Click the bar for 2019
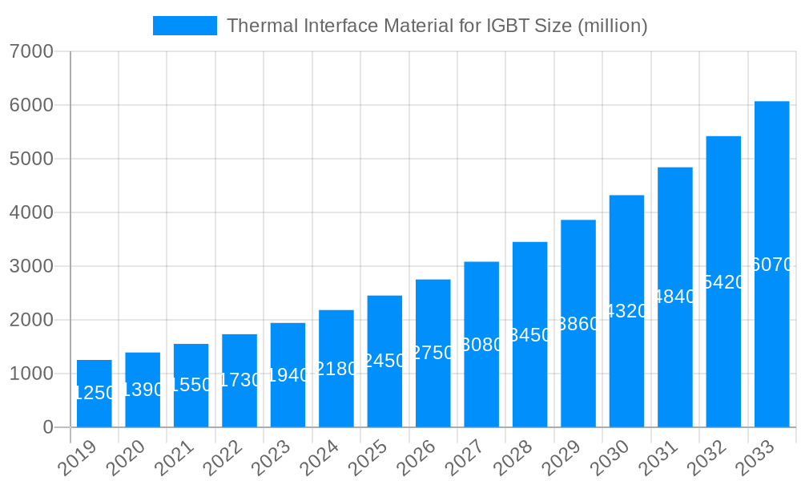tap(95, 394)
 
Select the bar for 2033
tap(772, 265)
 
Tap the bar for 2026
tap(433, 353)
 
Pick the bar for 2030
tap(626, 311)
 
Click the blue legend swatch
tap(185, 26)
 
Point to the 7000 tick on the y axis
tap(31, 52)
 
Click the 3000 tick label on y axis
tap(31, 266)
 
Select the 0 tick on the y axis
tap(47, 427)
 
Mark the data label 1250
tap(95, 393)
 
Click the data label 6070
tap(772, 265)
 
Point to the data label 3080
tap(481, 345)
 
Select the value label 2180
tap(336, 369)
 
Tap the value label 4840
tap(675, 297)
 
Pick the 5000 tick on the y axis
tap(31, 159)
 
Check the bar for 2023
tap(288, 375)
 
